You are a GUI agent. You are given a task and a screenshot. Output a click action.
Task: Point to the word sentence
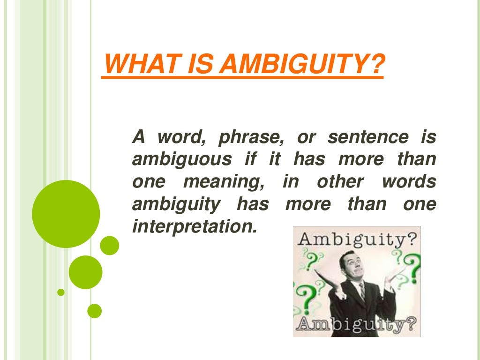pos(368,138)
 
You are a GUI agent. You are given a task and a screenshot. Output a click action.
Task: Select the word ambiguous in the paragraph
pos(182,160)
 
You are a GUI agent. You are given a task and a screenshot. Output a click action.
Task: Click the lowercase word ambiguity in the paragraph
pos(176,204)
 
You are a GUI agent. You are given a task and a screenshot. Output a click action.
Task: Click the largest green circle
pos(66,214)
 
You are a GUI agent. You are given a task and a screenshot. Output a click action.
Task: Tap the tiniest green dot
pos(61,292)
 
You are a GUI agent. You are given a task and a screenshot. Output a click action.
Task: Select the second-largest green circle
pos(85,272)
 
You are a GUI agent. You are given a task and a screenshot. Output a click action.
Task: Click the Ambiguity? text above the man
pos(357,240)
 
